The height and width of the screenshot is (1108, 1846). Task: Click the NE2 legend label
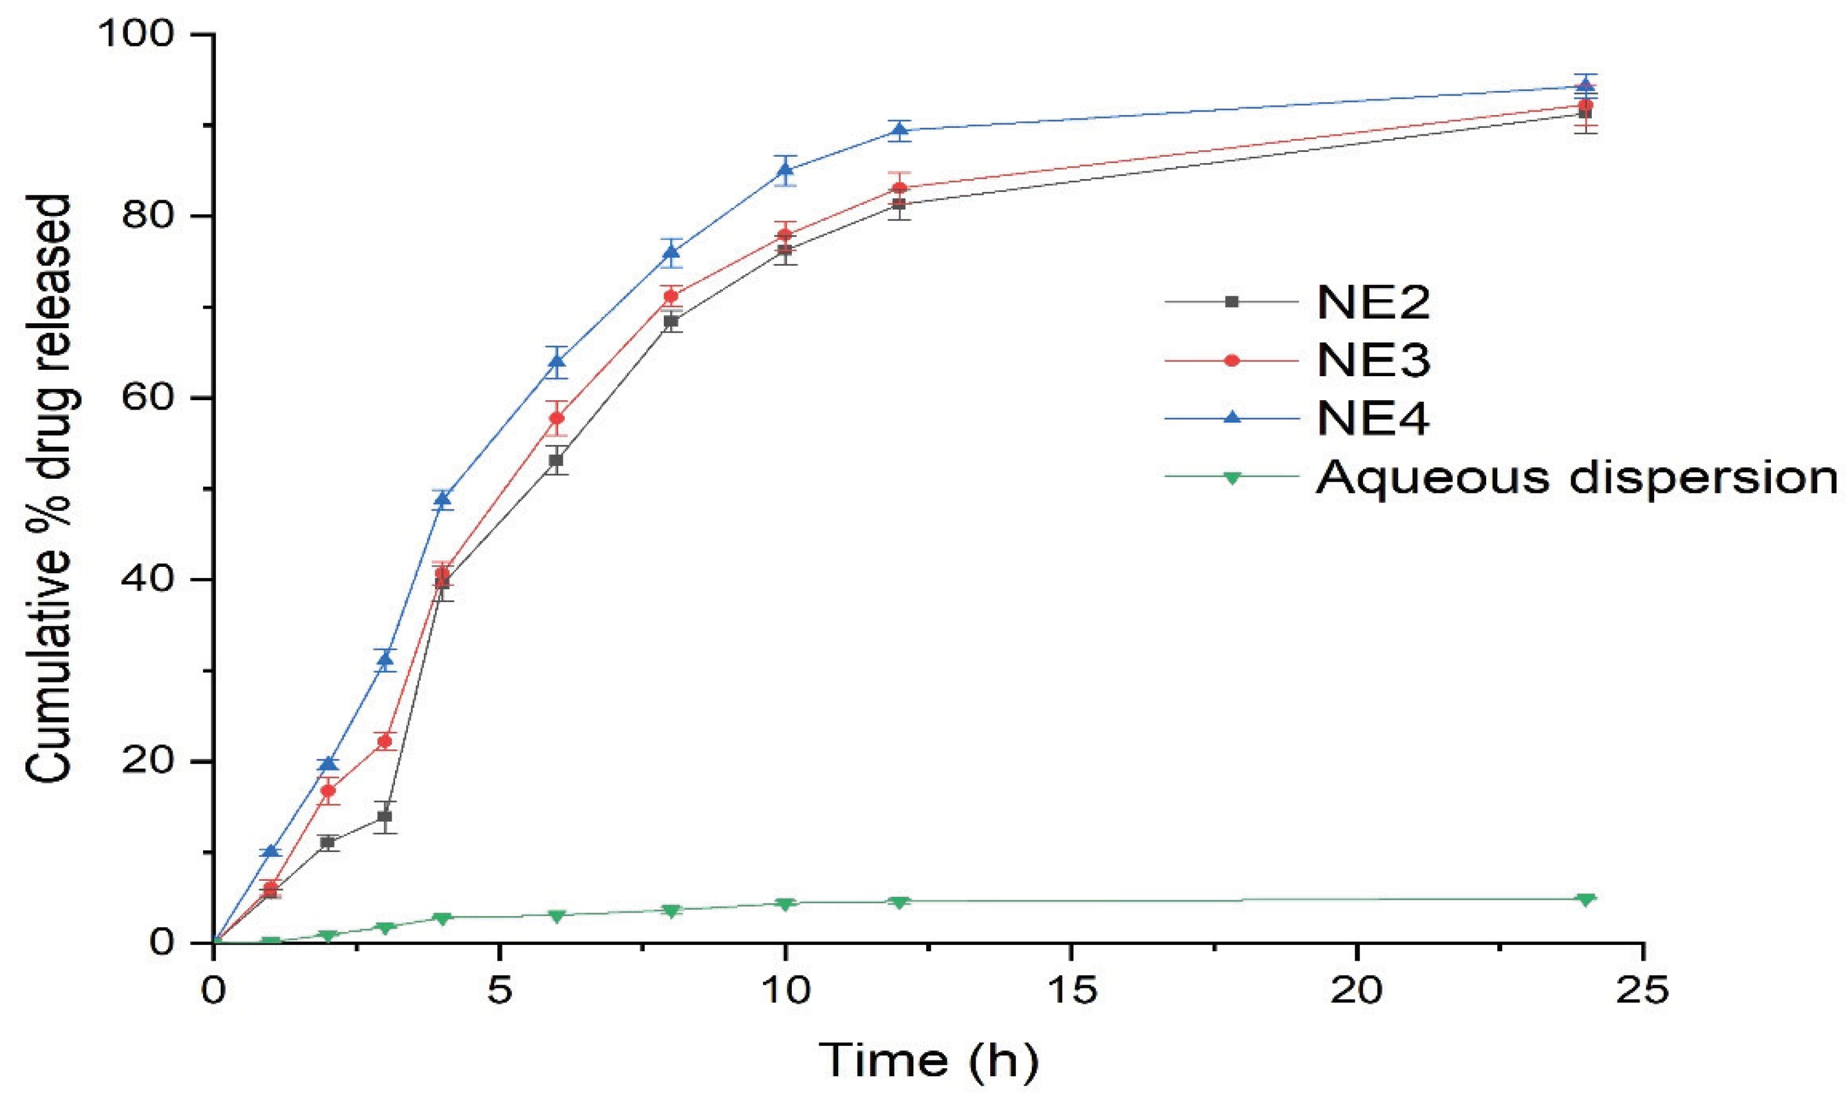pos(1372,302)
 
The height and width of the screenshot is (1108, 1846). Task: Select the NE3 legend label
pos(1372,360)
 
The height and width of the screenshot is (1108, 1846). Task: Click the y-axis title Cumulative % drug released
pos(49,489)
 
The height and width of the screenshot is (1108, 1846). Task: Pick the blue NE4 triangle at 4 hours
pos(443,499)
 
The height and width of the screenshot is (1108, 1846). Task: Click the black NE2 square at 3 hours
pos(384,816)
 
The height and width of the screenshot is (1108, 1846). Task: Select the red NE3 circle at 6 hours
pos(557,417)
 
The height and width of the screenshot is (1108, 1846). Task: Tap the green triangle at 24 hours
pos(1585,899)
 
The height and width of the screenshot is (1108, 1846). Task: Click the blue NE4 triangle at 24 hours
pos(1585,85)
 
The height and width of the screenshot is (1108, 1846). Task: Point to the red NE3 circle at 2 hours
pos(329,791)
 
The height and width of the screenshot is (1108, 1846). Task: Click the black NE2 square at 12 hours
pos(900,204)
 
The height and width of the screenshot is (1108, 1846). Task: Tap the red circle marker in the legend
pos(1232,360)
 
